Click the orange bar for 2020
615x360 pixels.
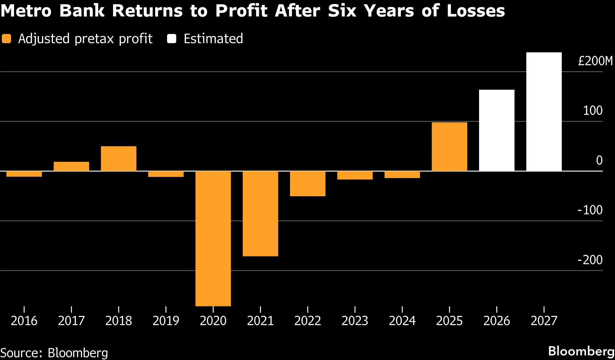coord(213,238)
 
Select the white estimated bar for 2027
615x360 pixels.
coord(544,112)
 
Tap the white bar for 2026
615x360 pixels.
coord(497,130)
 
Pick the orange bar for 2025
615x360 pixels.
coord(449,147)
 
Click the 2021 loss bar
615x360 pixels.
coord(260,214)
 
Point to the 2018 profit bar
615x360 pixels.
coord(119,159)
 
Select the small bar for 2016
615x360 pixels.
coord(24,174)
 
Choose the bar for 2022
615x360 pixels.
coord(308,184)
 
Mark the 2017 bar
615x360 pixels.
coord(71,166)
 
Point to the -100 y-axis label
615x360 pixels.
coord(590,210)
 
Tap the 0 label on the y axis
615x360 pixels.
coord(599,160)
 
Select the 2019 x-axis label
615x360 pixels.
coord(166,321)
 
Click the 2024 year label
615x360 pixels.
coord(402,321)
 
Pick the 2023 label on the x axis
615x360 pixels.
coord(355,321)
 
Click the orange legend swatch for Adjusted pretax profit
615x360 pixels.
coord(6,39)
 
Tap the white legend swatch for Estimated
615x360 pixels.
coord(172,39)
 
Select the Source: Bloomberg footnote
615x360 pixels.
coord(54,353)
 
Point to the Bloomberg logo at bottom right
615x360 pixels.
coord(581,351)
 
